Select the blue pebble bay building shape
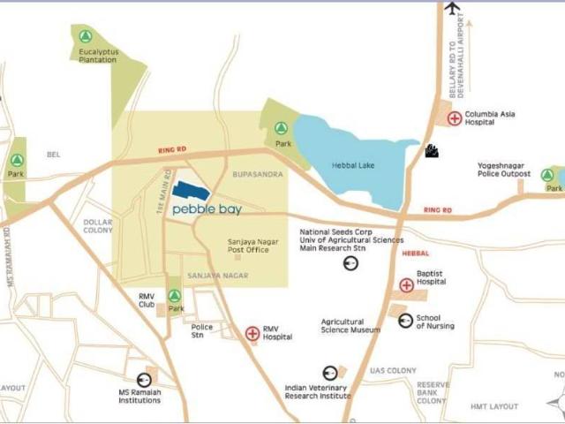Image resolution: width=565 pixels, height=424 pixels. [191, 191]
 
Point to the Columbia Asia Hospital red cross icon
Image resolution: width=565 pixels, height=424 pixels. [455, 118]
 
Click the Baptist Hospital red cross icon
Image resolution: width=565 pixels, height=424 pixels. [406, 285]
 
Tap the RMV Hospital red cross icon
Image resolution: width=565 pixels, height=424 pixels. [252, 333]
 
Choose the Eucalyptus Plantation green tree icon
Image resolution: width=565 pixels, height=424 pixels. [85, 37]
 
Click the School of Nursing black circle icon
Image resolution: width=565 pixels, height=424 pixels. [405, 321]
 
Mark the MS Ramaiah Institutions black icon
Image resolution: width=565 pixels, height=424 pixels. [144, 380]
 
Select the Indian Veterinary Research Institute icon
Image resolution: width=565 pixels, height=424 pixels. [329, 373]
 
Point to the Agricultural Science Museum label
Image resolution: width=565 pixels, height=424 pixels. [350, 326]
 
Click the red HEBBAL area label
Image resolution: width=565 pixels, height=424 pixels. [415, 254]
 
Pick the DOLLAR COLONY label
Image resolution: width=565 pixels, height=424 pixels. [98, 226]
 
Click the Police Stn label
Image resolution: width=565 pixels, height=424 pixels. [202, 331]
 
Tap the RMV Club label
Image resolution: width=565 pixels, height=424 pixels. [147, 300]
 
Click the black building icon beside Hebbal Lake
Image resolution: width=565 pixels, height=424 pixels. [433, 151]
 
